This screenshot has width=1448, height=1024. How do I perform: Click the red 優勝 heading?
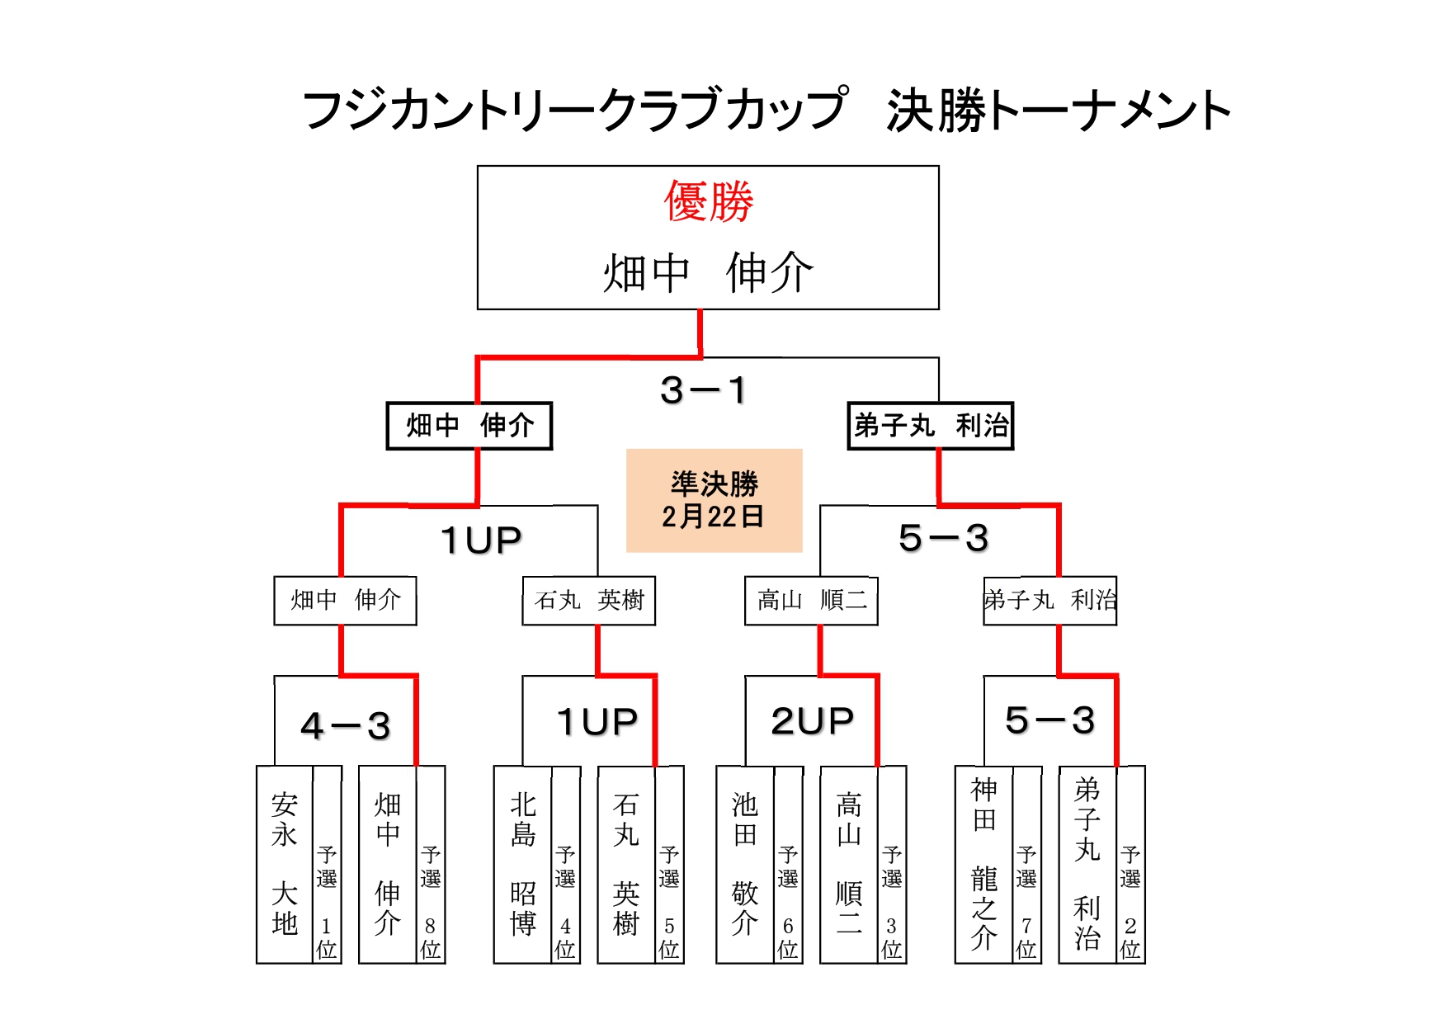point(709,201)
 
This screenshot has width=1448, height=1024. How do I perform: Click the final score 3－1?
point(704,389)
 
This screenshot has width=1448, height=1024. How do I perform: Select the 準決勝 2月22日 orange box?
point(714,500)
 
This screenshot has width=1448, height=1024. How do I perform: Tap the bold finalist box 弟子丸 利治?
point(930,426)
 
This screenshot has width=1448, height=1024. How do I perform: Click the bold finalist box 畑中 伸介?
point(469,426)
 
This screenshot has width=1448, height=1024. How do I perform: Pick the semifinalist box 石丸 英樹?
point(588,600)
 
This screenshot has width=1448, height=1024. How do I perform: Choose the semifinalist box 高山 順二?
point(811,600)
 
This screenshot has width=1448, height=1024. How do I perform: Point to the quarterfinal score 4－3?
point(346,726)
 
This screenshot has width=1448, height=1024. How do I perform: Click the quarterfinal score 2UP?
point(812,721)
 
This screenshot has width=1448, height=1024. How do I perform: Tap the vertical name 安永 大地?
point(285,864)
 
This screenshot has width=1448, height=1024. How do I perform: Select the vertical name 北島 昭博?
point(523,864)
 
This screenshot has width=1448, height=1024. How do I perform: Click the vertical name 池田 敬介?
point(745,864)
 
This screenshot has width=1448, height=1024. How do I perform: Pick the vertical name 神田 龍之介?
point(983,864)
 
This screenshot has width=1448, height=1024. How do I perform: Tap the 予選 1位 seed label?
point(327,902)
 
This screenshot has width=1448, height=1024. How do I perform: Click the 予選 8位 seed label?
point(431,902)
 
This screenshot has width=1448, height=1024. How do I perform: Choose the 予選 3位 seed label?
point(892,902)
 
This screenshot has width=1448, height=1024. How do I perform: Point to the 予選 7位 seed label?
point(1026,902)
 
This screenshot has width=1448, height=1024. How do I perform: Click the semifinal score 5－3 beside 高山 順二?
point(943,538)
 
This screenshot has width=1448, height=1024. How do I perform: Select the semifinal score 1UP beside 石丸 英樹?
point(481,540)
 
